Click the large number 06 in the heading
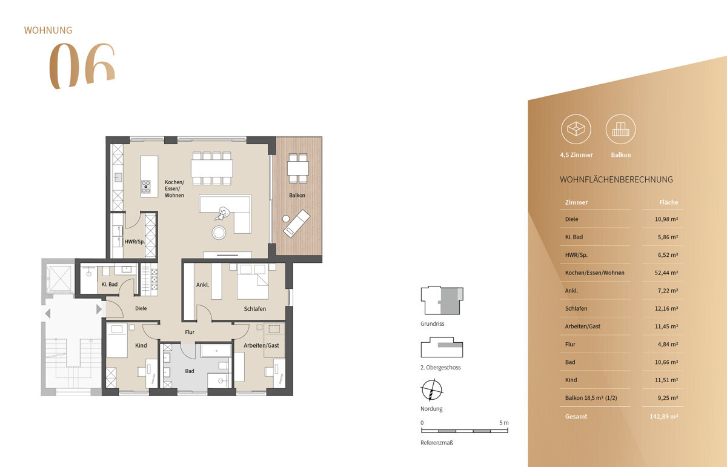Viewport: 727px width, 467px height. [x=81, y=67]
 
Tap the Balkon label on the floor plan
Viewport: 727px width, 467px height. [x=297, y=195]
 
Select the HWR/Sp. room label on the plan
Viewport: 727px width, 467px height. [x=133, y=241]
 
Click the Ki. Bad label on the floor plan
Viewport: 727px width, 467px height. [x=109, y=284]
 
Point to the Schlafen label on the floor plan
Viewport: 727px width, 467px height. [x=255, y=309]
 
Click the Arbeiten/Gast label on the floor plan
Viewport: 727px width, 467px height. [x=261, y=345]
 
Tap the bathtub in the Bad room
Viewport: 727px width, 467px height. [x=215, y=351]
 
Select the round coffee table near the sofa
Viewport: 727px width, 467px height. [x=219, y=232]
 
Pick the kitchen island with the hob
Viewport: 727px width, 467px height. [x=149, y=176]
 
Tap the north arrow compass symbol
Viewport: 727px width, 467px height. [x=431, y=389]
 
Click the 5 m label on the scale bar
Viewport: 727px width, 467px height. [x=504, y=422]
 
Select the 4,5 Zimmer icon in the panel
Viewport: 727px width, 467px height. [x=576, y=130]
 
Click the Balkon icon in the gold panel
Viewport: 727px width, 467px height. [x=620, y=130]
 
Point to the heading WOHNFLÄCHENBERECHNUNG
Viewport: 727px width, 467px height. [x=616, y=180]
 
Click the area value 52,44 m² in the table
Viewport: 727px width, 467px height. [x=665, y=273]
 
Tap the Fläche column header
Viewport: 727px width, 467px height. [x=668, y=202]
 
